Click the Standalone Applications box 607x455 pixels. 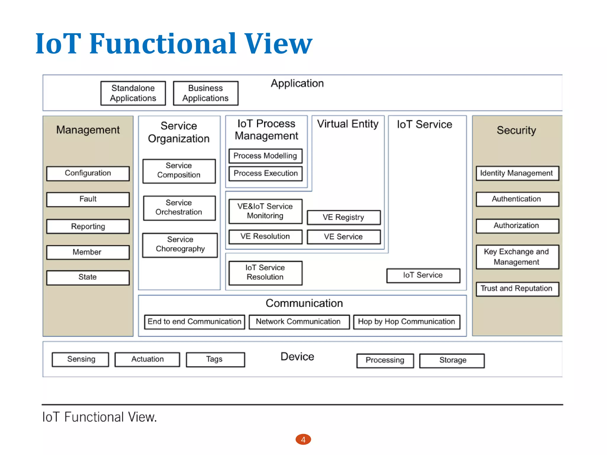133,93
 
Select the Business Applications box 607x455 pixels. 205,93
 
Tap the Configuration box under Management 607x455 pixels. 88,173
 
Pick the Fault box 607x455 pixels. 88,199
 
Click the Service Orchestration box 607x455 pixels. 179,208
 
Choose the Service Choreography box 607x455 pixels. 180,245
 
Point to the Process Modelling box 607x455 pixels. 265,156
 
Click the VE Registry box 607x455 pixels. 344,217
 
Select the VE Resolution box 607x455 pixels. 265,237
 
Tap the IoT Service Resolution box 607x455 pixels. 265,273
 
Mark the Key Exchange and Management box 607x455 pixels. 517,257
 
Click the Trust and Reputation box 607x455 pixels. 517,289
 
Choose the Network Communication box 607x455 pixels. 299,322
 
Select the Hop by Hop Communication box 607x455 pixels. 406,322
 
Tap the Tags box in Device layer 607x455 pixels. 215,359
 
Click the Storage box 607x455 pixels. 452,361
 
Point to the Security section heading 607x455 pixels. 516,130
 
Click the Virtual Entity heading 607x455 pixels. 348,124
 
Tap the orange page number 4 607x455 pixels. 303,440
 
